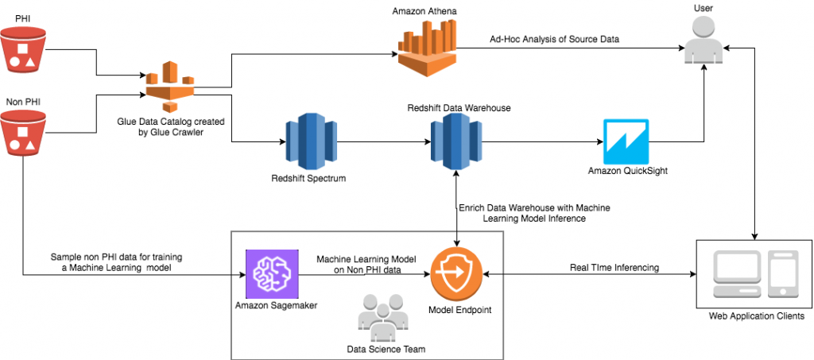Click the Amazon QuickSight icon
point(626,141)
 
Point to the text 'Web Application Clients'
point(756,316)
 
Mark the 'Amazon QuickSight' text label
point(626,171)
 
